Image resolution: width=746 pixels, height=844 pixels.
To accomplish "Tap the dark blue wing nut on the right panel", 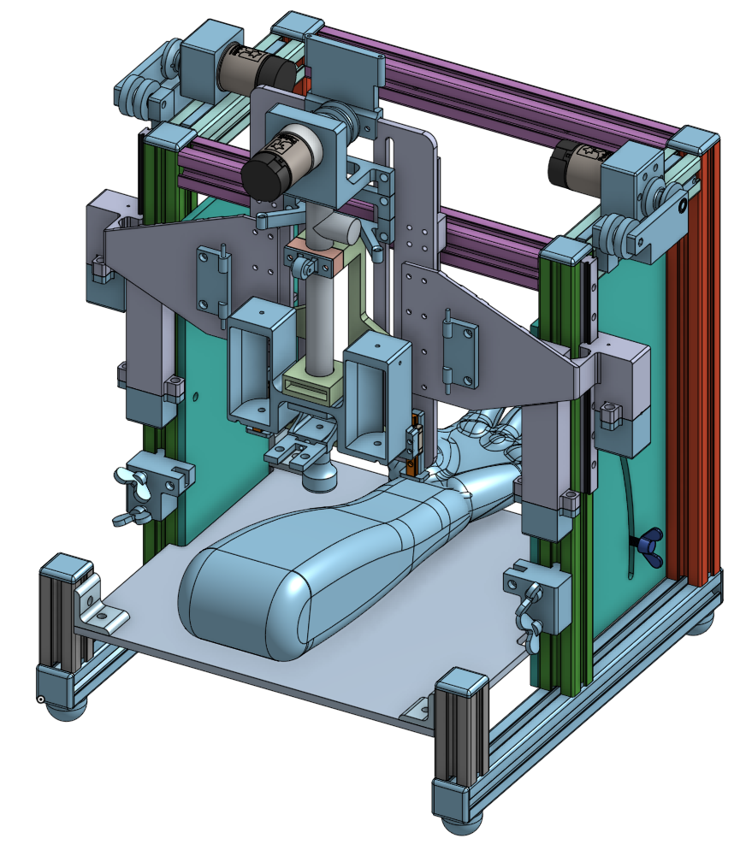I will (x=648, y=540).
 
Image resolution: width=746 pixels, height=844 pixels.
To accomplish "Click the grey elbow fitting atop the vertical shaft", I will (x=335, y=229).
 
